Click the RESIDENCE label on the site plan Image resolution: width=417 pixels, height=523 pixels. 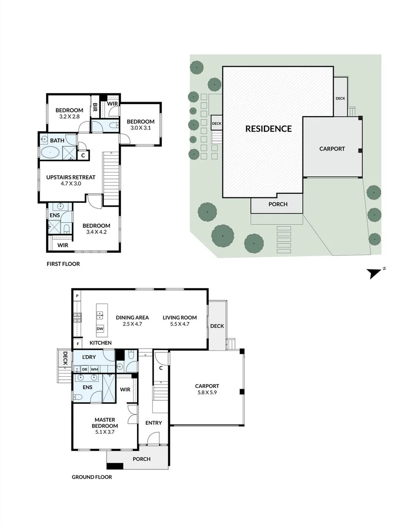click(268, 129)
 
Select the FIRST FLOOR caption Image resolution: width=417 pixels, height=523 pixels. click(63, 264)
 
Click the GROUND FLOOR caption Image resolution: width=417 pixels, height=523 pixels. click(92, 477)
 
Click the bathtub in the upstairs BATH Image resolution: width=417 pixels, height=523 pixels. click(50, 154)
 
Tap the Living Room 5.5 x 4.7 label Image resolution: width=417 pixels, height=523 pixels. click(180, 321)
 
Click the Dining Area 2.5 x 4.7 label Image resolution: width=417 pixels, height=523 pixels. click(132, 321)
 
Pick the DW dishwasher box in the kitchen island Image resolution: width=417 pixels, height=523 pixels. click(100, 329)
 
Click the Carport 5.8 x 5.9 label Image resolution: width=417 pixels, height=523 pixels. click(207, 389)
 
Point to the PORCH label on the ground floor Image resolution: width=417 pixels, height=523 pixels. click(141, 459)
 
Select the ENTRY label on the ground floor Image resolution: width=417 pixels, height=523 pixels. click(154, 423)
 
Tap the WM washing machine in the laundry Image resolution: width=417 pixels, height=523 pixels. click(94, 369)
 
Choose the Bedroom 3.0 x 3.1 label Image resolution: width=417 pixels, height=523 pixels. click(140, 124)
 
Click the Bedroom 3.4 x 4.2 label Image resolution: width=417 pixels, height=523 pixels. click(96, 229)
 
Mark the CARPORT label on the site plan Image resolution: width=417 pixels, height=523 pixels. click(332, 149)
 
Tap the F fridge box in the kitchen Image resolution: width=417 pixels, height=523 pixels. click(77, 343)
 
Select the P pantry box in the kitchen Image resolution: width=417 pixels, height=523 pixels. click(77, 295)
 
